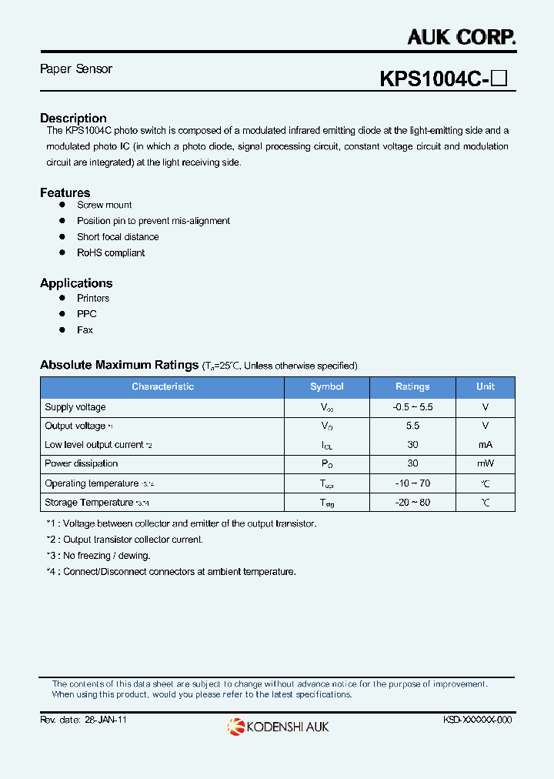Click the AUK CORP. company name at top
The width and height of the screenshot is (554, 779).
click(461, 36)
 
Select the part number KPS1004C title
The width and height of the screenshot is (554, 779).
click(433, 79)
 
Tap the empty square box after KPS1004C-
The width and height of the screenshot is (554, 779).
click(499, 79)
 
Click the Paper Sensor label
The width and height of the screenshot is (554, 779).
click(76, 69)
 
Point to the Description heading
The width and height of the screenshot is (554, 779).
click(73, 119)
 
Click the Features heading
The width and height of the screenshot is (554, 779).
click(65, 192)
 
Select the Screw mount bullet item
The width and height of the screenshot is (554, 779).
click(104, 206)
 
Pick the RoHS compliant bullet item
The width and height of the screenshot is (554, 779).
click(110, 253)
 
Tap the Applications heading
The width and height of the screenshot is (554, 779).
click(76, 283)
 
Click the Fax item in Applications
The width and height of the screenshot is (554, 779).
click(85, 330)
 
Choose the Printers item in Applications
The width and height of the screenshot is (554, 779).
click(93, 299)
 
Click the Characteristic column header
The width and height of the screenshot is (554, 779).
click(162, 387)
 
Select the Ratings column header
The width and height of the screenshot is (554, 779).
click(412, 387)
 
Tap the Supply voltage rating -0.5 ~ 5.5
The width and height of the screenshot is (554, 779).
click(412, 407)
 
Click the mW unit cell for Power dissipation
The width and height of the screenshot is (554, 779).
click(485, 463)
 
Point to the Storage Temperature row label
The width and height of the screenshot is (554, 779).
click(89, 503)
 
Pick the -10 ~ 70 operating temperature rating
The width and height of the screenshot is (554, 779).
click(412, 483)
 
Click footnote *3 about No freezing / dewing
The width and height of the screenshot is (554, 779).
click(98, 556)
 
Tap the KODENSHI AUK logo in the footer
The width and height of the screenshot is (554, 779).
click(278, 726)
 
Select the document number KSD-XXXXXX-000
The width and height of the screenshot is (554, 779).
click(477, 720)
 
